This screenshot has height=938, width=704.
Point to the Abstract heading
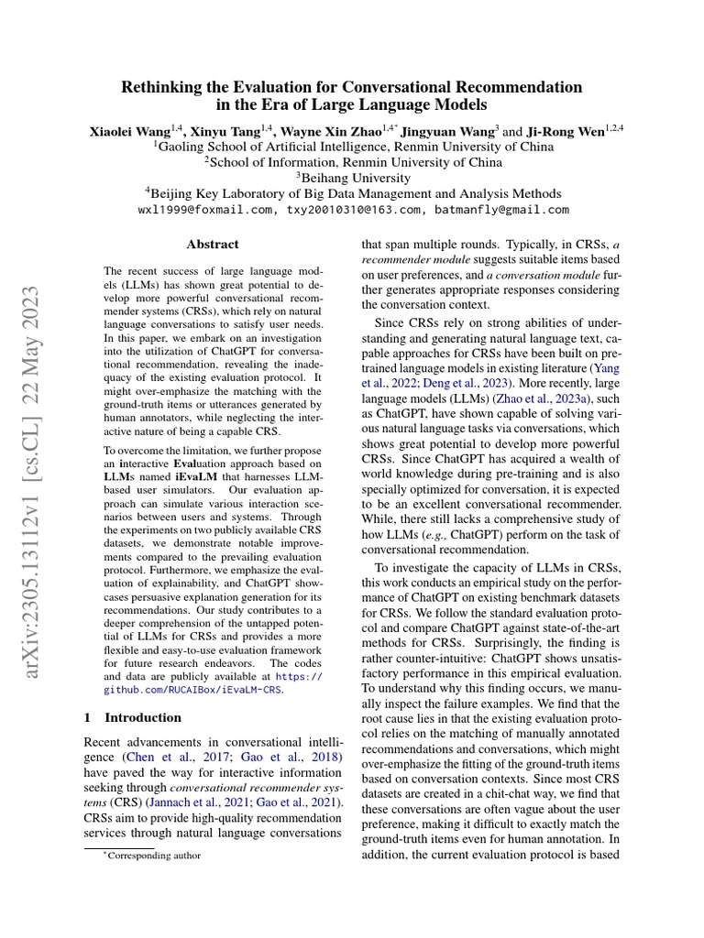[x=213, y=245]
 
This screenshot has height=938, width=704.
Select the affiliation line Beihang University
[x=352, y=178]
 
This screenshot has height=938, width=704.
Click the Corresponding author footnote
[x=152, y=856]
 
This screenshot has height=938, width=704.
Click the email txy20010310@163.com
[x=351, y=209]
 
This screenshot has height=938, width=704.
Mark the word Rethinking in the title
[x=168, y=87]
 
